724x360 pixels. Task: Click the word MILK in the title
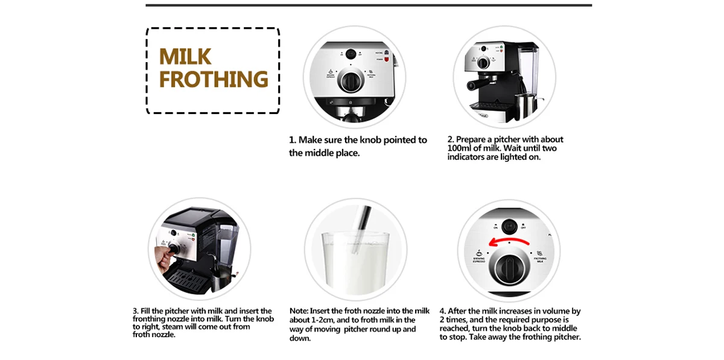185,57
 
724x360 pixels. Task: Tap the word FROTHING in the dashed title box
214,80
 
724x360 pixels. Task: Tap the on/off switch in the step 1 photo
349,53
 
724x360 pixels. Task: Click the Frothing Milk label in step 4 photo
540,261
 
